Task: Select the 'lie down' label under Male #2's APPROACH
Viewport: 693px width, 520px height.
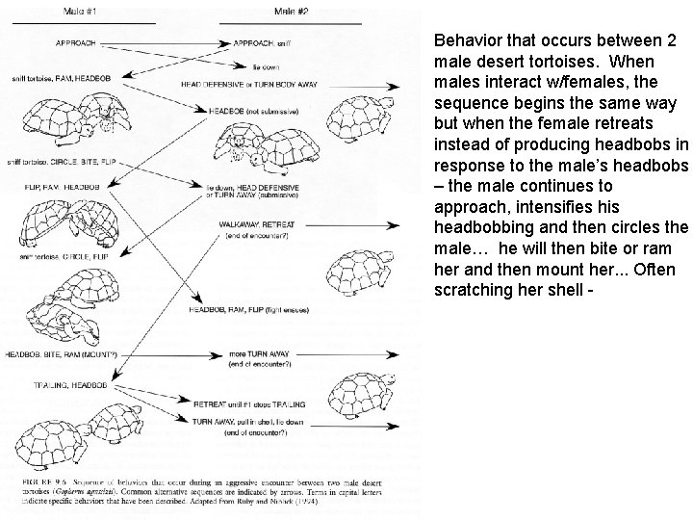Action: [267, 68]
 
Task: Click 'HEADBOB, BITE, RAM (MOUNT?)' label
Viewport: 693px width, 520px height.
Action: [60, 355]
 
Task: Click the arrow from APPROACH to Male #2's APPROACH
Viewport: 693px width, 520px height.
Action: [173, 43]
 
